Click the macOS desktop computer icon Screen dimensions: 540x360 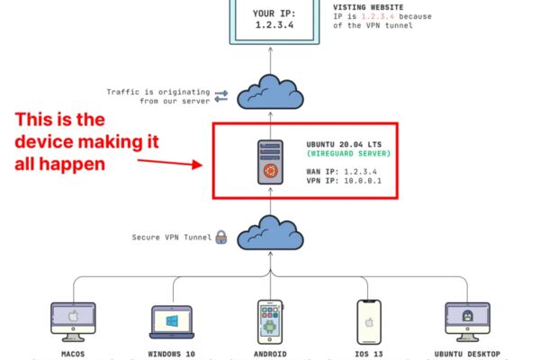[x=73, y=322]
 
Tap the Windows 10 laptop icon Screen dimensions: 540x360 [x=172, y=322]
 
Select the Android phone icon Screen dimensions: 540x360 [x=270, y=322]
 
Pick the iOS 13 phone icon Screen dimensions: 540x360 [x=369, y=322]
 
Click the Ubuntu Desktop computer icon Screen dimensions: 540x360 [x=467, y=322]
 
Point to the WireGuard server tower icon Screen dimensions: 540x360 [x=270, y=162]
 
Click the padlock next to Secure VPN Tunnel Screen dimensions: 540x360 [x=221, y=238]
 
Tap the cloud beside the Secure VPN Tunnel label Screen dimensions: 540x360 [x=270, y=233]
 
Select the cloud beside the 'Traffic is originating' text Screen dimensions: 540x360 [x=270, y=92]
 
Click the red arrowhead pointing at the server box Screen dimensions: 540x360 [x=197, y=165]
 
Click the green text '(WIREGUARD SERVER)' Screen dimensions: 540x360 [x=348, y=153]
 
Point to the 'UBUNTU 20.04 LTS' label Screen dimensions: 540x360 [x=344, y=144]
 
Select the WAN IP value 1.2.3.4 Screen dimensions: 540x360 [x=360, y=172]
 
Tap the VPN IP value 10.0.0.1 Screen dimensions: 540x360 [x=363, y=181]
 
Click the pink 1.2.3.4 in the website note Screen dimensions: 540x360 [x=377, y=16]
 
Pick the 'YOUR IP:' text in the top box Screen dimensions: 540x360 [x=274, y=13]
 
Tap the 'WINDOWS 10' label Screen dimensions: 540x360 [x=172, y=354]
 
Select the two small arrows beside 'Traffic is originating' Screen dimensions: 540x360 [x=221, y=96]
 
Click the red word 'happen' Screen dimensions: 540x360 [x=72, y=165]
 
